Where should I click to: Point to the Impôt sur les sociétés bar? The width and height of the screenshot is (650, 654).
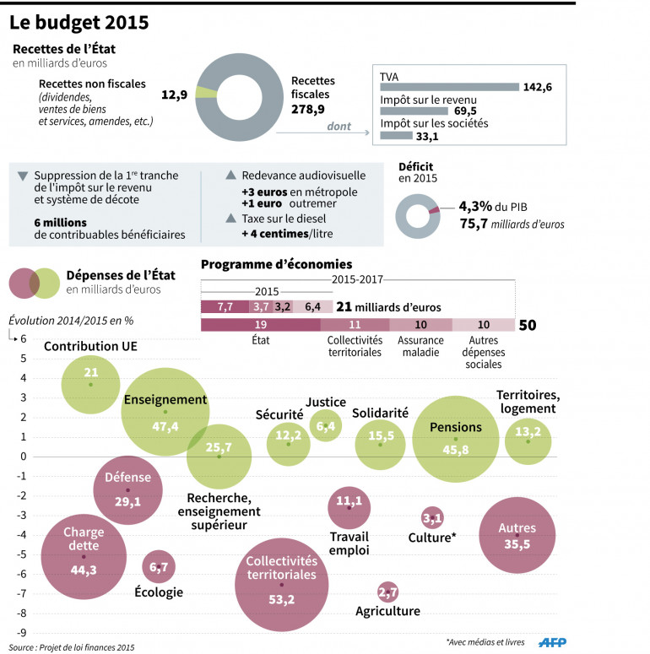[x=397, y=135]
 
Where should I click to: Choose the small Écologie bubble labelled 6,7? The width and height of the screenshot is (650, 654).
[x=159, y=567]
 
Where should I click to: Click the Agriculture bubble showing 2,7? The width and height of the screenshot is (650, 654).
[x=388, y=592]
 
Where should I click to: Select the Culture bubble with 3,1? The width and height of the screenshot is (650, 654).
[x=432, y=517]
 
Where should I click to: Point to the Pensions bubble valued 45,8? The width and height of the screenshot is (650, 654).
[x=456, y=439]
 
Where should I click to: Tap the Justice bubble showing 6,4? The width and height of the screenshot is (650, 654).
[x=326, y=427]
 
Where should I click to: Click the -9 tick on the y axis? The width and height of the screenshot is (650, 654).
[x=24, y=632]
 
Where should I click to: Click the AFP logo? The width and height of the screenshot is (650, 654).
[x=553, y=642]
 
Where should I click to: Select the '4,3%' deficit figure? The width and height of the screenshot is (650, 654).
[x=476, y=207]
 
